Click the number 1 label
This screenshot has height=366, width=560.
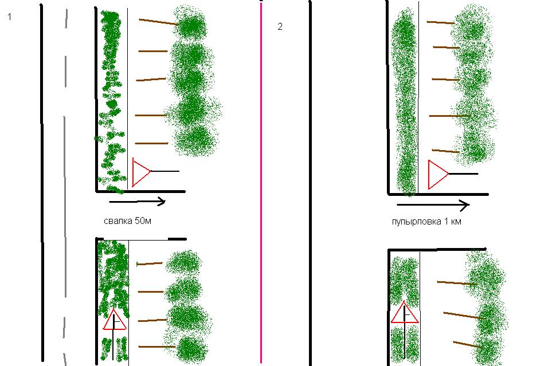10,17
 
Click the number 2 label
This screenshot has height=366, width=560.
280,26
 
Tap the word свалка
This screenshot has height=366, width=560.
118,221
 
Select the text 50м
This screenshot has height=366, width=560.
143,221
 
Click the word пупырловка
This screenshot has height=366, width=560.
417,222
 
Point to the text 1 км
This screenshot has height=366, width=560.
453,222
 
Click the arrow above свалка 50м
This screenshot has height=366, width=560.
137,202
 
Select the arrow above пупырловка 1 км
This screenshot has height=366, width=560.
433,205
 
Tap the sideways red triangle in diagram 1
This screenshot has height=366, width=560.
141,172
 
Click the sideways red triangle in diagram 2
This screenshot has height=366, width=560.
437,174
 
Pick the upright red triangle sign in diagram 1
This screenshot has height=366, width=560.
115,320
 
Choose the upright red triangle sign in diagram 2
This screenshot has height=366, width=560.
404,313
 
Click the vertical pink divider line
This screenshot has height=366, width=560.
261,182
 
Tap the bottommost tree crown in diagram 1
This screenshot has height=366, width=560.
191,348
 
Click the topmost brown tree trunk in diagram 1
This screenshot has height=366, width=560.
158,22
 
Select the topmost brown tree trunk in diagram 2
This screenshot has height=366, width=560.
440,22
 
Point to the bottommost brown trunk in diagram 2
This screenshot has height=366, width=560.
468,344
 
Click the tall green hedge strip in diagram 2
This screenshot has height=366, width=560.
405,102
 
